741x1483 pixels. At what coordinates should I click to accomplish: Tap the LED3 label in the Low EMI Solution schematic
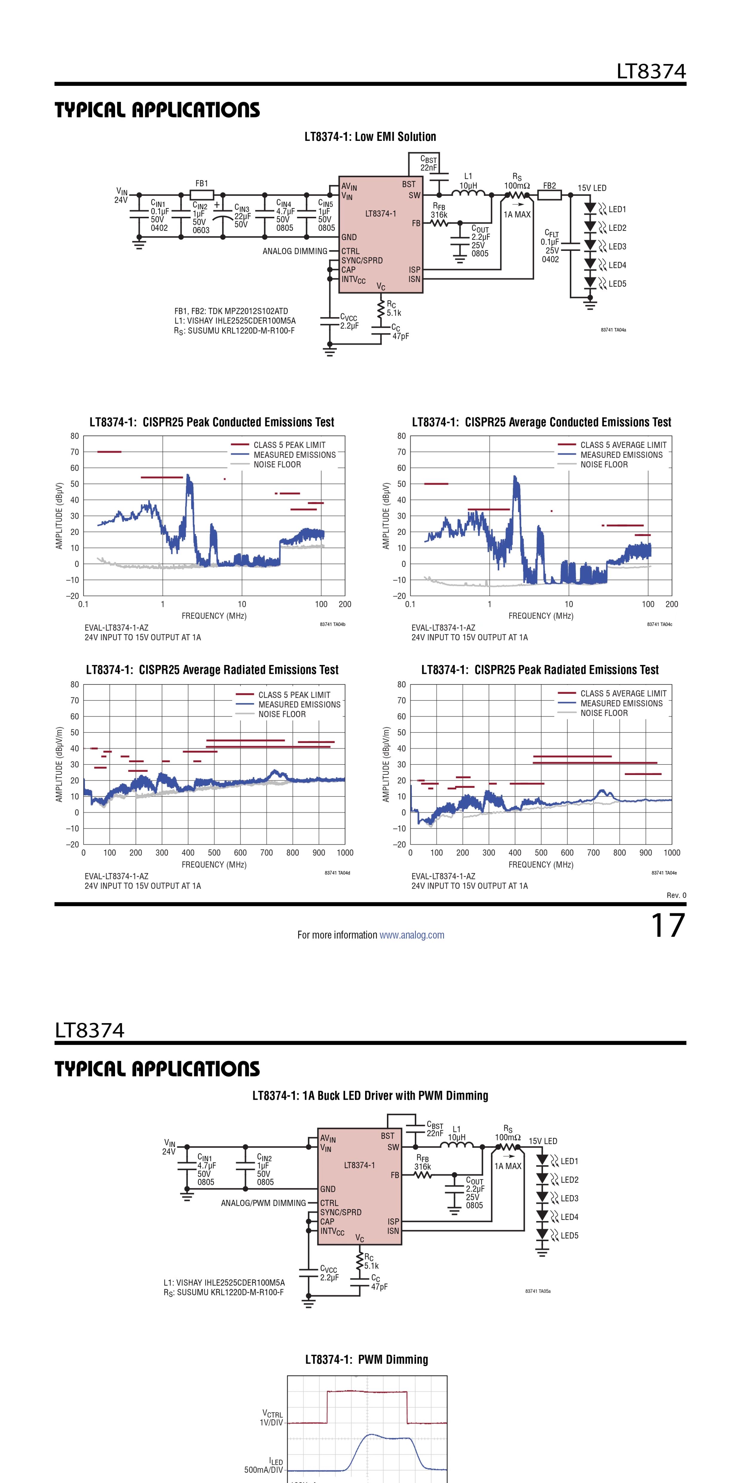(617, 246)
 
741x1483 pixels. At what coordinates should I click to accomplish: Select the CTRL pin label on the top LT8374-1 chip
(350, 251)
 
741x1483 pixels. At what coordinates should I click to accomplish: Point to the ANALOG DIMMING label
(295, 251)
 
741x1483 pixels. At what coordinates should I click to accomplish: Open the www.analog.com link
(412, 935)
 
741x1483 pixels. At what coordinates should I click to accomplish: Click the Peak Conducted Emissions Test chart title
(212, 422)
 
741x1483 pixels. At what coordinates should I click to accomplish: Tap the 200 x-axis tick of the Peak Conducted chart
(345, 604)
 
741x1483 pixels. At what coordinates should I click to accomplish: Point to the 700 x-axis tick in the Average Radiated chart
(266, 853)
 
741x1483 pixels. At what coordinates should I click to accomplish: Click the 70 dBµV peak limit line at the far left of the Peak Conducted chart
(109, 452)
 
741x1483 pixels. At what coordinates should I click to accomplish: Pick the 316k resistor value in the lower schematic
(422, 1167)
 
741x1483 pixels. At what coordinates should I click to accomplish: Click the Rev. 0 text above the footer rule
(676, 895)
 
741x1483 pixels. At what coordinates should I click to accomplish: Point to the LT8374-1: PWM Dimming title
(367, 1359)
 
